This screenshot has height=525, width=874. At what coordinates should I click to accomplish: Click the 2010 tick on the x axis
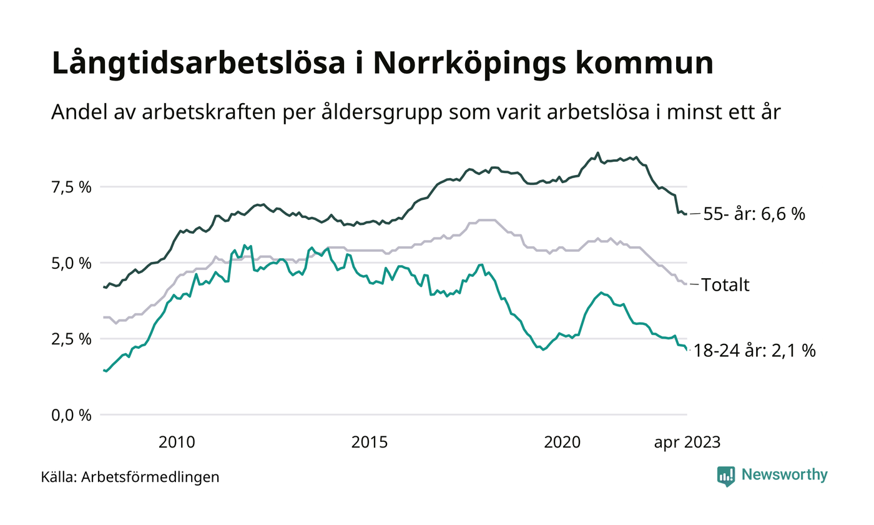(x=177, y=442)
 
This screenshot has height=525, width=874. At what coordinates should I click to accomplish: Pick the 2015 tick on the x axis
(x=370, y=442)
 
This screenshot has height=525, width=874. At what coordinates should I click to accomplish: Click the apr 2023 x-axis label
(x=687, y=442)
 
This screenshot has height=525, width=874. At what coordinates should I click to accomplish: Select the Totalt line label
(x=725, y=286)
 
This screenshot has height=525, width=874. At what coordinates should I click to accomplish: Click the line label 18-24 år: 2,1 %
(x=755, y=351)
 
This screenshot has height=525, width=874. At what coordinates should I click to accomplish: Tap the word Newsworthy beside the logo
(x=784, y=475)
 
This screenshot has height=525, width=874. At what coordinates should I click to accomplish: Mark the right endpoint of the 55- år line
(x=687, y=214)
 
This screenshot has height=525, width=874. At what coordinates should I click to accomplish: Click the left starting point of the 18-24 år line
(x=104, y=370)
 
